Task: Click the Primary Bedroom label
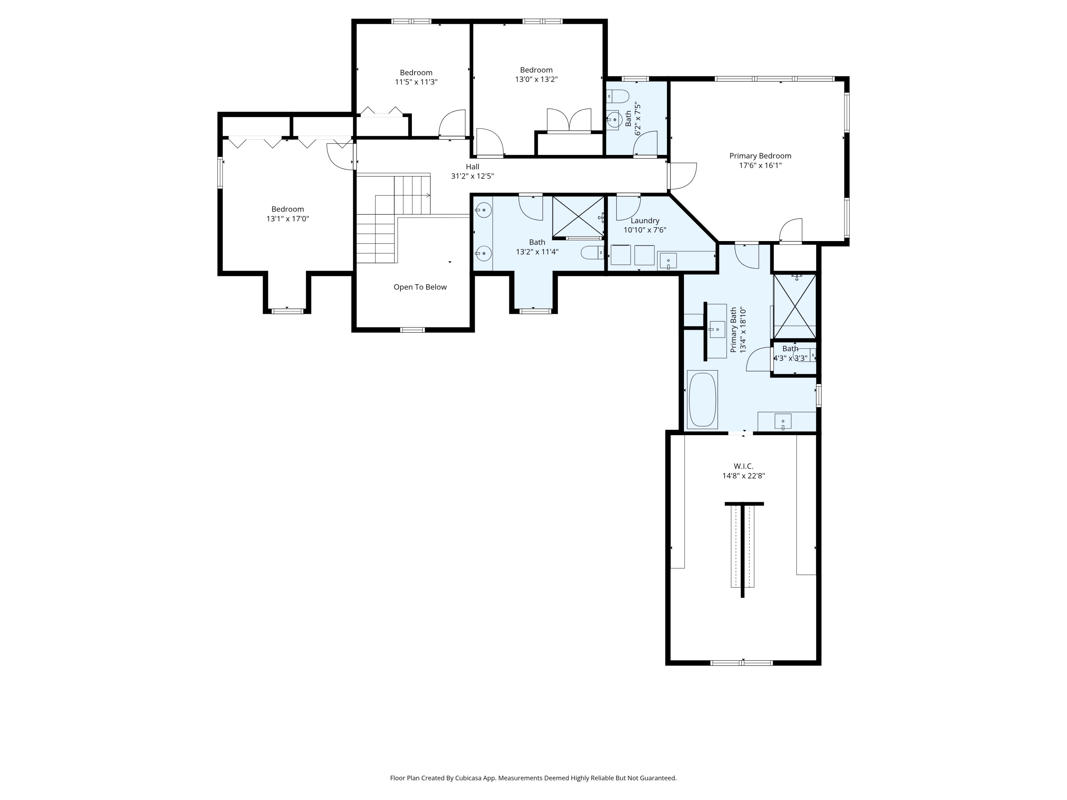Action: click(760, 156)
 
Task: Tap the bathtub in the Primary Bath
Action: click(702, 399)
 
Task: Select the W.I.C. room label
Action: click(743, 466)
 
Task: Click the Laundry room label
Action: click(645, 221)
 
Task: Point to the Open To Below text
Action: click(420, 287)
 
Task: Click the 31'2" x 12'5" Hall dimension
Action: click(472, 176)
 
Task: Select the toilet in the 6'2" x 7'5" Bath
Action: click(618, 97)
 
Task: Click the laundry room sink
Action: click(668, 260)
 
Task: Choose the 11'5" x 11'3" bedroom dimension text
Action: click(416, 82)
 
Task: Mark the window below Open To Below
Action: click(413, 330)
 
